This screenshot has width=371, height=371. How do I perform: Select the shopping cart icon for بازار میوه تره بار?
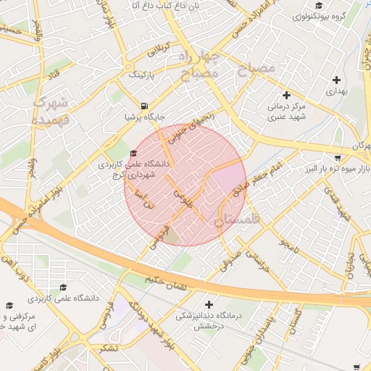(x=338, y=158)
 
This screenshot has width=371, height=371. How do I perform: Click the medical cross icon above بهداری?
(x=336, y=80)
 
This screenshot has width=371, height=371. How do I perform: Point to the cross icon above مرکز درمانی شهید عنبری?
(x=287, y=95)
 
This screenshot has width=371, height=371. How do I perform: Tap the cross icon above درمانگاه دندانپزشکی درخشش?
(x=210, y=305)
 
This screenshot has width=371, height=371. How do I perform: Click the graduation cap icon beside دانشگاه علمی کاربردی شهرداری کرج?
(x=133, y=153)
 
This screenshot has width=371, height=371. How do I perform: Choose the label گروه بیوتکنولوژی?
(x=323, y=14)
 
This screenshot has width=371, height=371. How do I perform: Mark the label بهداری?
(x=336, y=92)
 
